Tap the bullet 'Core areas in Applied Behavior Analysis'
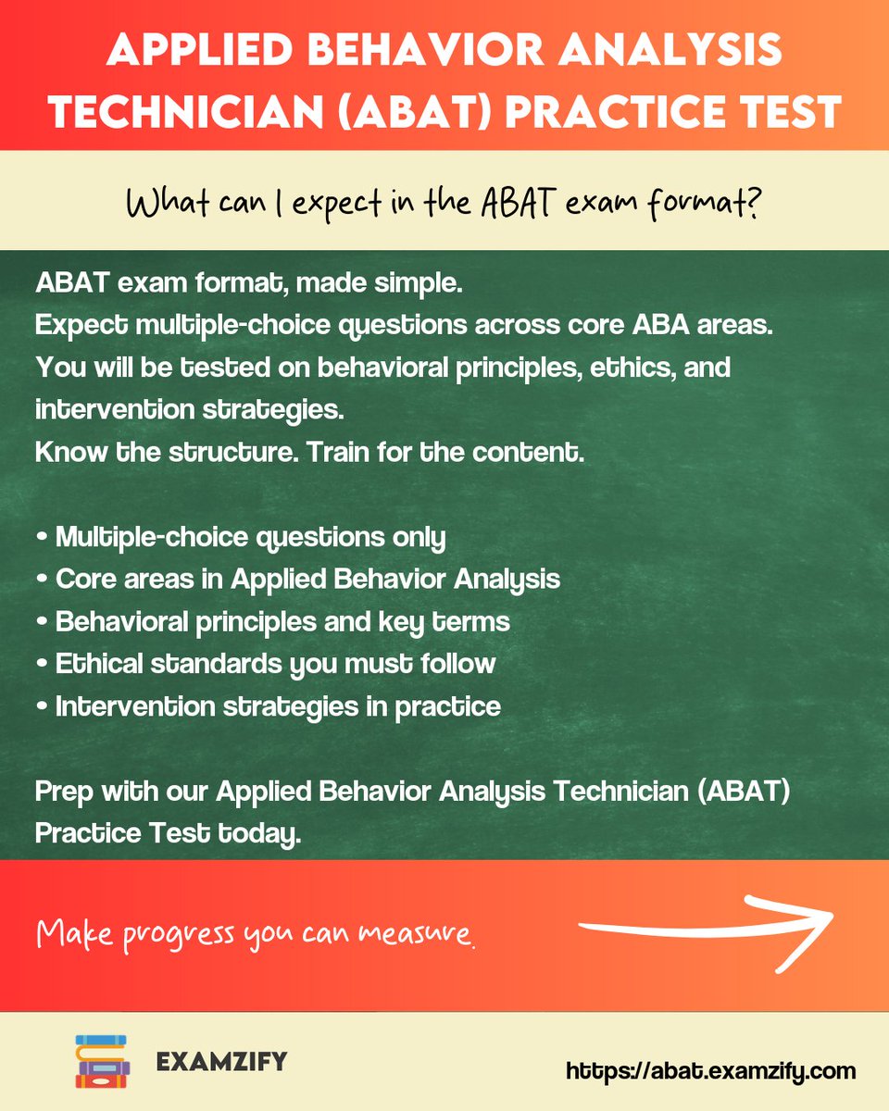tap(298, 579)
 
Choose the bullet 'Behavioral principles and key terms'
tap(273, 621)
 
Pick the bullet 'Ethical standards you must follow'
tap(266, 664)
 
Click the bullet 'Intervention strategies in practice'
tap(269, 706)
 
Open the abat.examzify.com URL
tap(710, 1071)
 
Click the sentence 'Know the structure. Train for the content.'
tap(310, 453)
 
